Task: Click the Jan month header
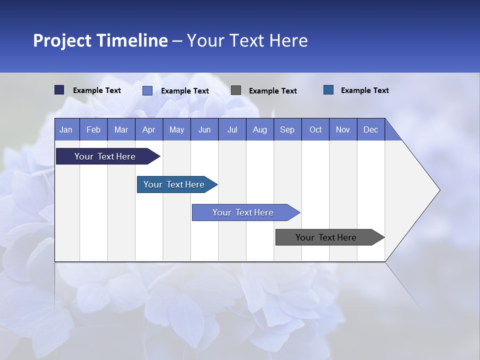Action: [x=66, y=129]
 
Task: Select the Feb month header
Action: [x=93, y=129]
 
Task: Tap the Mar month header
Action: [x=121, y=129]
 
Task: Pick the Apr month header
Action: [x=149, y=129]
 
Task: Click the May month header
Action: [x=176, y=129]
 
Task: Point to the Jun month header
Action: [x=204, y=129]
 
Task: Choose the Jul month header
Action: [x=232, y=129]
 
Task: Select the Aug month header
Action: [x=260, y=129]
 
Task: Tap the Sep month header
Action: [x=287, y=129]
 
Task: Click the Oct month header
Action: [x=315, y=129]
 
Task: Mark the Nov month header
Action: [x=343, y=129]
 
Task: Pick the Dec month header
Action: [x=371, y=129]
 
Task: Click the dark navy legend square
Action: [x=59, y=90]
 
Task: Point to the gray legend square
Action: [x=236, y=90]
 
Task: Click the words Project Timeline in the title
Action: [x=100, y=40]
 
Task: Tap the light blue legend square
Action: [x=147, y=90]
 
